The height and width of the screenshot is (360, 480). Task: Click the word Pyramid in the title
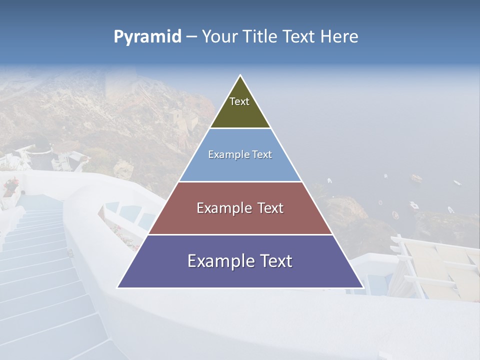point(147,37)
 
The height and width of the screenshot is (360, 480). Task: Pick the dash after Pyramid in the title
point(191,37)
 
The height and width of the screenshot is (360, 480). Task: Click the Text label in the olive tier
point(239,101)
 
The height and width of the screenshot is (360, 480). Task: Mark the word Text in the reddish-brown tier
point(270,208)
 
